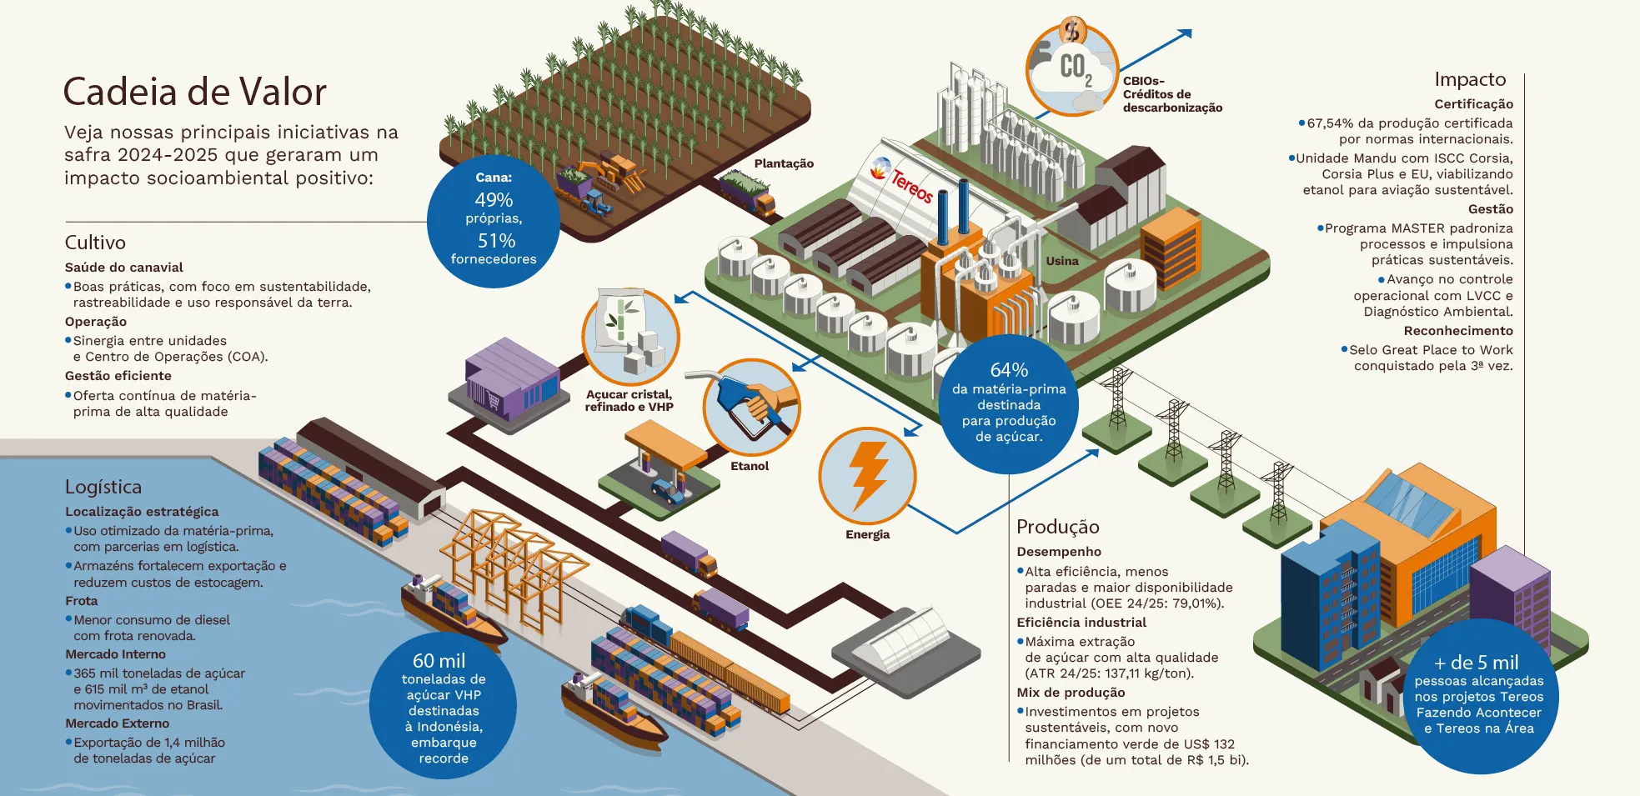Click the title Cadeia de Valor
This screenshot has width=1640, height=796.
coord(194,92)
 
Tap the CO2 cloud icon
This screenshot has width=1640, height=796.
coord(1072,70)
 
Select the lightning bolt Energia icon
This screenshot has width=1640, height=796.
coord(867,475)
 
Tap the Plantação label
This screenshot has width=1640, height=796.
coord(784,163)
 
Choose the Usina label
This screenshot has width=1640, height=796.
coord(1062,261)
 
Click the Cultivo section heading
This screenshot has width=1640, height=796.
coord(95,243)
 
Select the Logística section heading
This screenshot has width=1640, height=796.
coord(103,487)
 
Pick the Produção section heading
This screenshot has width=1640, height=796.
coord(1057,527)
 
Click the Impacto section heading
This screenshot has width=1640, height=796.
coord(1470,79)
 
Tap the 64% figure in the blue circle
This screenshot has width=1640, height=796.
coord(1009,369)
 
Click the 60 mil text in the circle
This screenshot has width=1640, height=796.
coord(439,661)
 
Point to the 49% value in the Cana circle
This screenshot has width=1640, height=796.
coord(494,200)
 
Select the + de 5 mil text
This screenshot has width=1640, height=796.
coord(1476,663)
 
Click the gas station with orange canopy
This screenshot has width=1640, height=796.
coord(660,467)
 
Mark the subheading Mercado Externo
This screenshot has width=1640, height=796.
coord(117,723)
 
